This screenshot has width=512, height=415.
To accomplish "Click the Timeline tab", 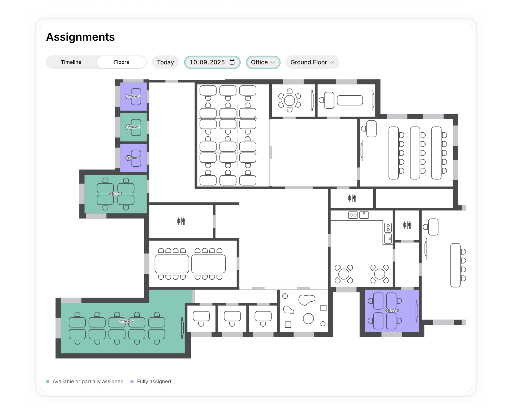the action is [71, 62].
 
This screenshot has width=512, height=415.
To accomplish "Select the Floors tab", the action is [121, 62].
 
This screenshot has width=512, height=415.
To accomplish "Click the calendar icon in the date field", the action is [232, 62].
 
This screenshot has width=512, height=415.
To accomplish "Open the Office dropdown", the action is [263, 62].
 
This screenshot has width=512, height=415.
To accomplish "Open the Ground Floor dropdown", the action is [312, 62].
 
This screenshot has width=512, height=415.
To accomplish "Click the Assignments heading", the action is [80, 37].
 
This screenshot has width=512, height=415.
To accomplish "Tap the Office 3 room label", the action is [133, 96].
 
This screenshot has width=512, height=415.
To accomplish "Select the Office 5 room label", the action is [133, 127].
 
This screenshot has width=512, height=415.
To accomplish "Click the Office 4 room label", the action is [133, 158].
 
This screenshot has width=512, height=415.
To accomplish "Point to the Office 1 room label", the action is [116, 194].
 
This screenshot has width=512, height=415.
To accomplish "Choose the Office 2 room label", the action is [126, 321].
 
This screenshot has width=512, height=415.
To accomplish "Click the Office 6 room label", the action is [392, 310].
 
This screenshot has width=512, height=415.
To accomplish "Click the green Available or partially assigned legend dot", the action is [48, 381].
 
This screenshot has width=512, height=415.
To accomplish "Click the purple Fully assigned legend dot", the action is [132, 381].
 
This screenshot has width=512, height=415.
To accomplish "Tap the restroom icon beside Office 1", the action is [181, 221].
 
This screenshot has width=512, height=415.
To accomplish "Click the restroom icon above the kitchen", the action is [352, 198].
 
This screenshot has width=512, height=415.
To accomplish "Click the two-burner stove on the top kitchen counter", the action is [353, 215].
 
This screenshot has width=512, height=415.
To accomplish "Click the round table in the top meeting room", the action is [290, 100].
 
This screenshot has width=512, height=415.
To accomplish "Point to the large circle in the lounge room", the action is [308, 318].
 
